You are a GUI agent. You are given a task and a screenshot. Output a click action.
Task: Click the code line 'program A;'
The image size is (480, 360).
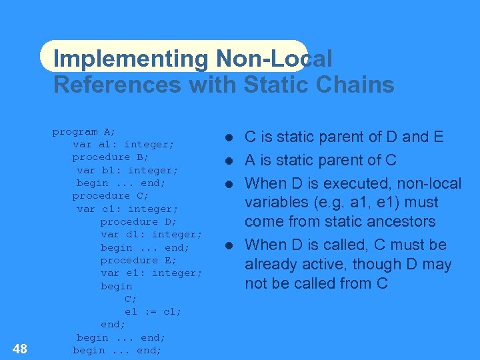84,131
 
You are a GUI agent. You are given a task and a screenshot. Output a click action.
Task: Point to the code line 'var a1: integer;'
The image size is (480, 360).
123,144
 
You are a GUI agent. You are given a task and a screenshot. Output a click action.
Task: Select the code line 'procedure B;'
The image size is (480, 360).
110,157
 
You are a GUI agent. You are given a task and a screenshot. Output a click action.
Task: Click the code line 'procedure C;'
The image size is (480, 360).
110,195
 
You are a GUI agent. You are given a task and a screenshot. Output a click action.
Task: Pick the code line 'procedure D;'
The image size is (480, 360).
139,221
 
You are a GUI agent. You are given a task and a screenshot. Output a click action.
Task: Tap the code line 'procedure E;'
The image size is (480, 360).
139,260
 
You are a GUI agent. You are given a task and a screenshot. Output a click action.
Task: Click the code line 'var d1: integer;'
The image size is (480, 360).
151,234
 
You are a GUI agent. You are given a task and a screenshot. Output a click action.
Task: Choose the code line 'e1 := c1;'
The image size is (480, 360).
153,311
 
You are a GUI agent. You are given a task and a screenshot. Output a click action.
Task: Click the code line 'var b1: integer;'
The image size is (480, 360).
127,170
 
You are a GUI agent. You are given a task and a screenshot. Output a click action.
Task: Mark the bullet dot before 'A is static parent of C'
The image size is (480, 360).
228,161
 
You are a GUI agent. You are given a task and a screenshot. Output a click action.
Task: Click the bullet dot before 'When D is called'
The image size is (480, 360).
228,245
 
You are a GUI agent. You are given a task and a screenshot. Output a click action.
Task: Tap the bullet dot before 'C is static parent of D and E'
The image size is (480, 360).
228,137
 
